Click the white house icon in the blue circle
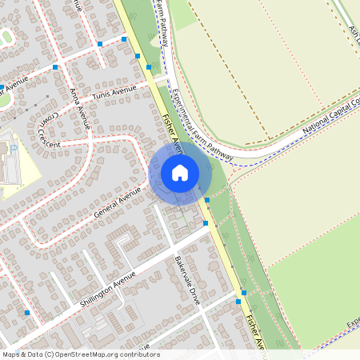point(180,172)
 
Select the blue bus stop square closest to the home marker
point(207,199)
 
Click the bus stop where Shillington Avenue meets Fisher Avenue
point(206,223)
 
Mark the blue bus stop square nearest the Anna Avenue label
point(54,68)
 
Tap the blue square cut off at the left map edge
point(2,86)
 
